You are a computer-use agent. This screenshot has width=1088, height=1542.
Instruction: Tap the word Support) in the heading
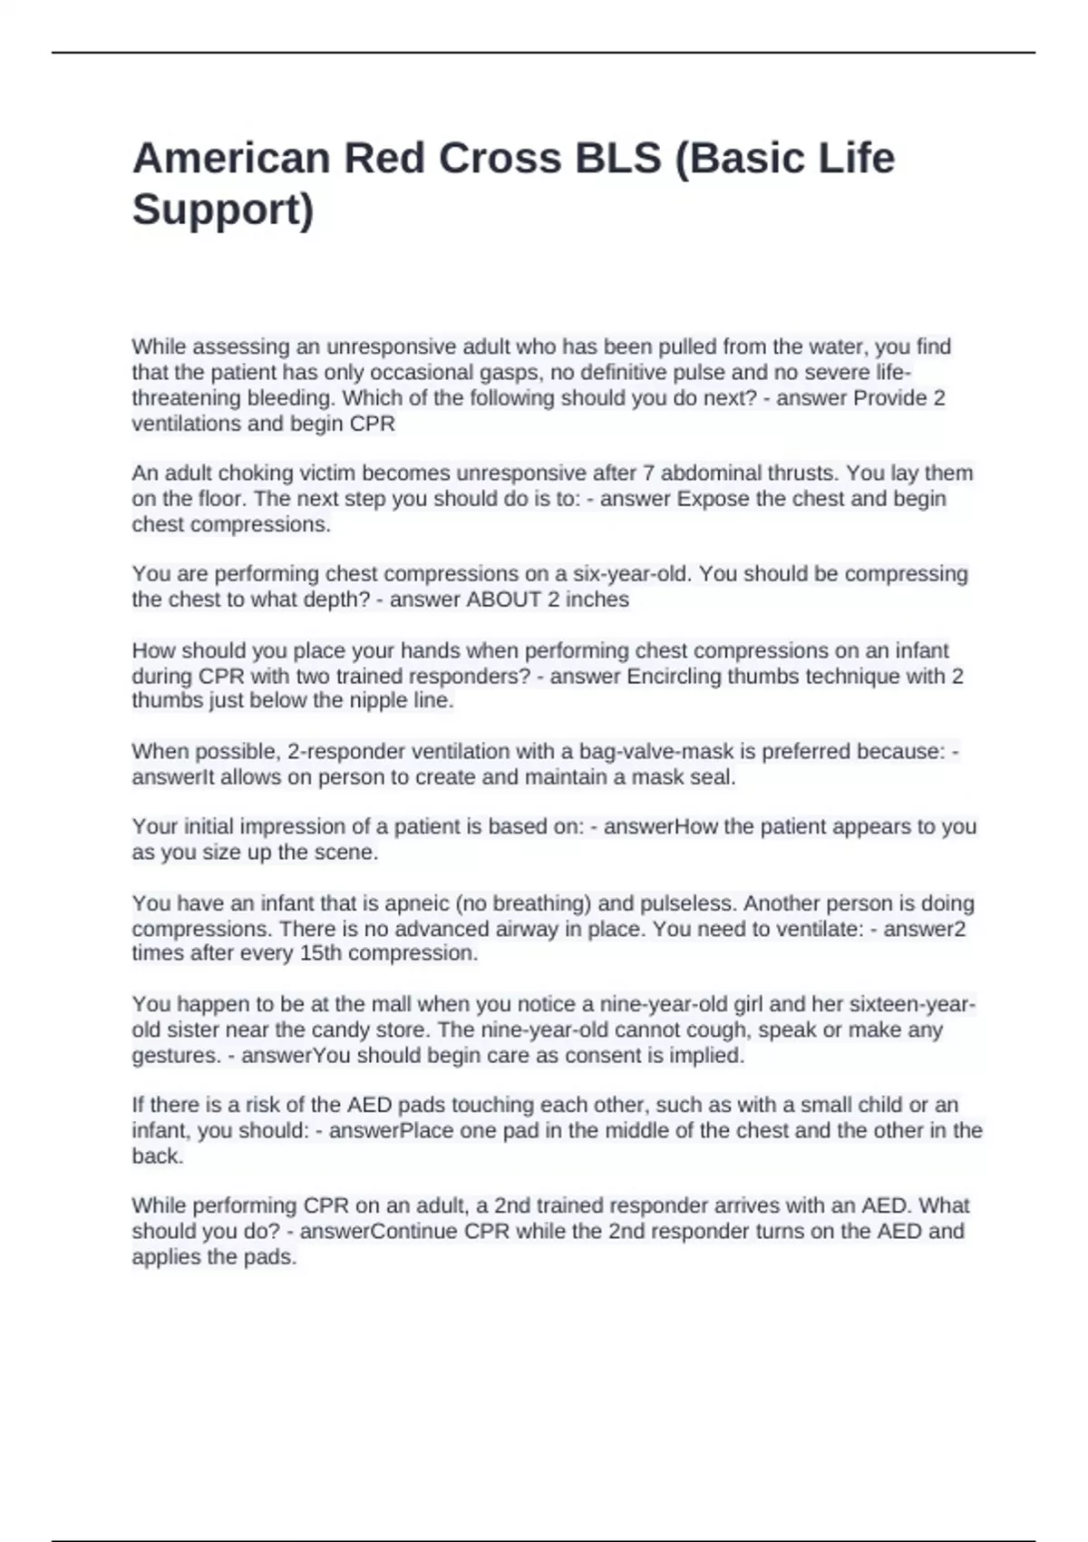(x=223, y=210)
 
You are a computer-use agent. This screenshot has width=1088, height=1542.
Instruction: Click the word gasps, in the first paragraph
(x=510, y=373)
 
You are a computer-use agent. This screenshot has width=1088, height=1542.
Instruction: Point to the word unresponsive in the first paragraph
(x=391, y=347)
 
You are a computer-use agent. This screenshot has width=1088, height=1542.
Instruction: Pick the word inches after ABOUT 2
(x=597, y=600)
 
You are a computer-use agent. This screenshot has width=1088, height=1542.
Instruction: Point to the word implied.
(x=706, y=1056)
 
